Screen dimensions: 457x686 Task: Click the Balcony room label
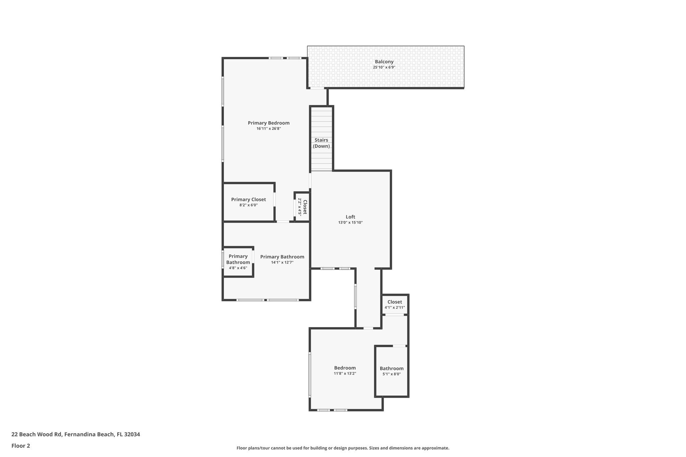point(384,62)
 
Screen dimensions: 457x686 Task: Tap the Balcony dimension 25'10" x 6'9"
point(384,67)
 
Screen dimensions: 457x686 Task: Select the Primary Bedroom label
point(268,123)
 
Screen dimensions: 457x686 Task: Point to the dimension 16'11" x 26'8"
point(268,129)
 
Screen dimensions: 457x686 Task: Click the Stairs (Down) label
point(321,143)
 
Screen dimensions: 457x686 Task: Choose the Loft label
point(350,217)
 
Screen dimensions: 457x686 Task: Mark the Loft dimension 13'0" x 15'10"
point(350,223)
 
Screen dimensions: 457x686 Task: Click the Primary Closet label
point(248,200)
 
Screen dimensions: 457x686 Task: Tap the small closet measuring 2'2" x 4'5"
point(302,207)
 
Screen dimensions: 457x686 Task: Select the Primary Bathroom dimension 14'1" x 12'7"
point(282,262)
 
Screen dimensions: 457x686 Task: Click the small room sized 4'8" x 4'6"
point(238,262)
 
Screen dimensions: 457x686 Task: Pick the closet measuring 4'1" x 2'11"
point(395,304)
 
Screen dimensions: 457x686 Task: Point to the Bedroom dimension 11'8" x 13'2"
point(345,374)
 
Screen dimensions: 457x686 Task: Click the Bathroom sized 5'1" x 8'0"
point(392,371)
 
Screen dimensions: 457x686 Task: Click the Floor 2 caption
point(21,446)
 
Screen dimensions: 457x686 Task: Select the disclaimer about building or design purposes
point(343,448)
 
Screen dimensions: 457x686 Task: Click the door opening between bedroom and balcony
point(317,88)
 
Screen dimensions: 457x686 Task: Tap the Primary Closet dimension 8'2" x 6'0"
point(248,205)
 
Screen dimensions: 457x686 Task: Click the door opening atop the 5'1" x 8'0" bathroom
point(399,346)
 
